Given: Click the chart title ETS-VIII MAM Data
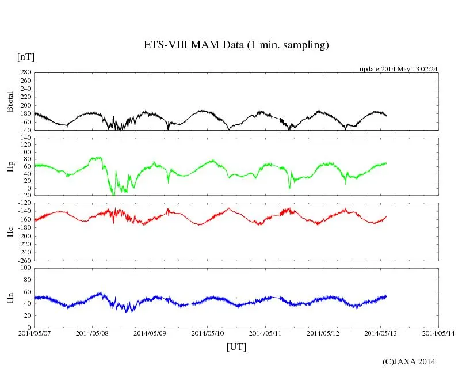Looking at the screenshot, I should coord(236,45).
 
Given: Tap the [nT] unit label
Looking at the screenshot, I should coord(26,56).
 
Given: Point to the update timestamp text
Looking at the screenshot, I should coord(398,69).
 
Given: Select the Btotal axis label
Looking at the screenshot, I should coord(10,101).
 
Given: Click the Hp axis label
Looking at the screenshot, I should coord(10,167).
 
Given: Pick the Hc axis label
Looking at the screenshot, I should coord(10,232).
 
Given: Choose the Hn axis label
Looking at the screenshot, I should coord(10,298).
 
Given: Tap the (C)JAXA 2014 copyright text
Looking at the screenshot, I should coord(408,361).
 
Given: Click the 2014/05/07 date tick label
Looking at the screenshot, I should coord(35,333).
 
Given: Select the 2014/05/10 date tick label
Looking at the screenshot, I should coord(208,333).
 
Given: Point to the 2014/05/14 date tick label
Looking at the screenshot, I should coord(439,333).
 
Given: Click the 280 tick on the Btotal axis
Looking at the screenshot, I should coord(25,73).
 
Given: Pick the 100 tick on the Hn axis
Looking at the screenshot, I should coord(25,268).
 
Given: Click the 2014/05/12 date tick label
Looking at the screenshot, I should coord(323,333).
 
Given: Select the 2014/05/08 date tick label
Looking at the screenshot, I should coord(92,333).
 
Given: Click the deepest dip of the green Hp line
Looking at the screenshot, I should coord(113,195).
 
